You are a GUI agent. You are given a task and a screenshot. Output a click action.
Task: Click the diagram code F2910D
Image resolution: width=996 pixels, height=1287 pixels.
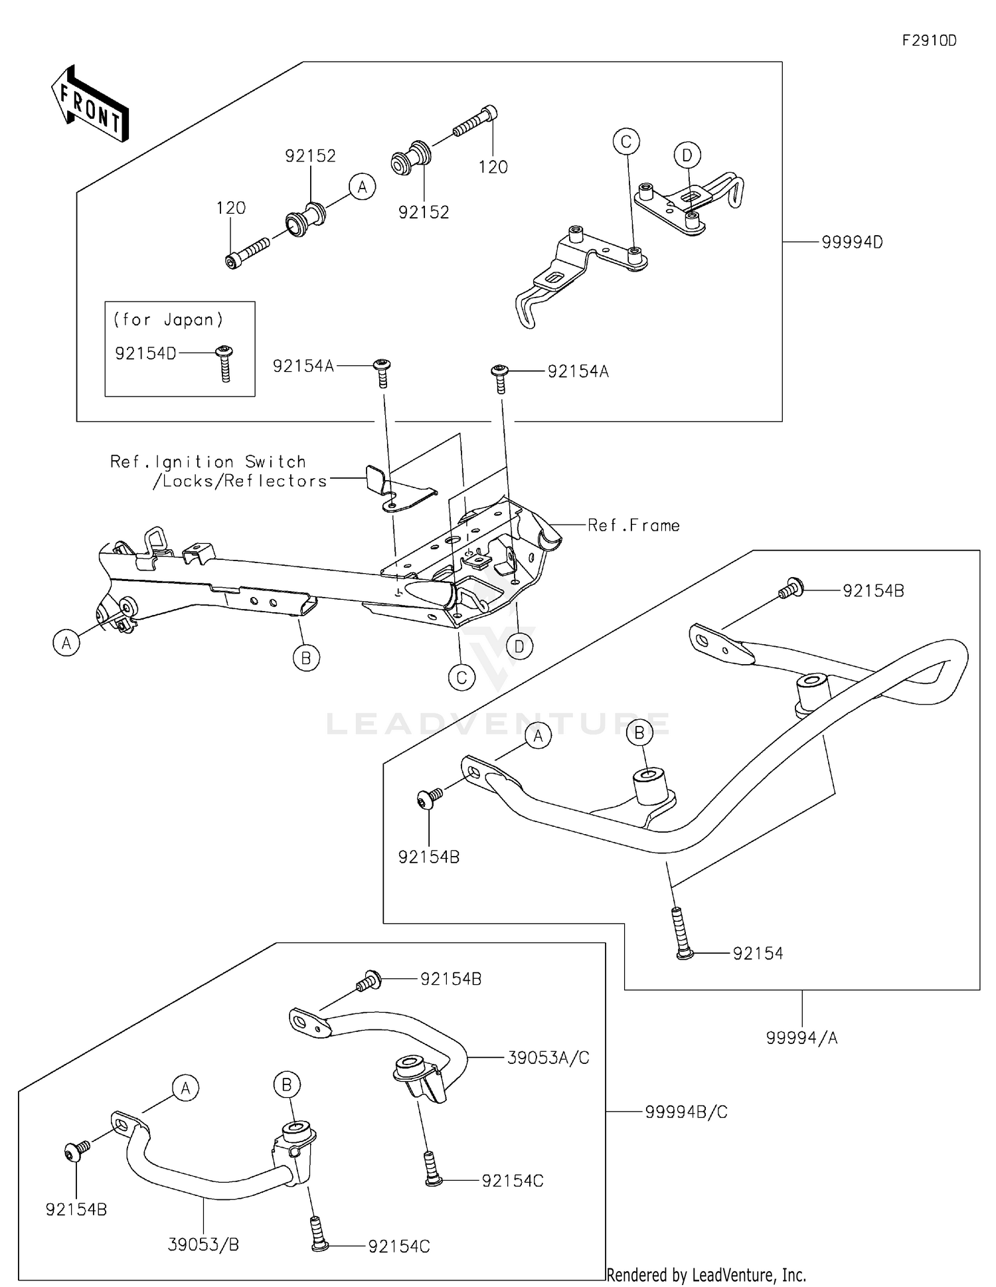coord(929,41)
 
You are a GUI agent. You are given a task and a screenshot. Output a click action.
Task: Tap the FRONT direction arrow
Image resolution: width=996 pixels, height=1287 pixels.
coord(90,104)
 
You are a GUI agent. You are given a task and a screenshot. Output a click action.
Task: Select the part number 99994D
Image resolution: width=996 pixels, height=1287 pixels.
coord(852,242)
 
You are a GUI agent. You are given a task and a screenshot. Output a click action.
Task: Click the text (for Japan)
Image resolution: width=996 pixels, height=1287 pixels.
coord(168,319)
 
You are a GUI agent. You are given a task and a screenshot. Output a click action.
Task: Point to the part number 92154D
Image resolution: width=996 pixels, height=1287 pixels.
coord(145,353)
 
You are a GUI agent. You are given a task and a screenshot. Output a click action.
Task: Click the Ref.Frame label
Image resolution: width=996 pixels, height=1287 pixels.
coord(633,525)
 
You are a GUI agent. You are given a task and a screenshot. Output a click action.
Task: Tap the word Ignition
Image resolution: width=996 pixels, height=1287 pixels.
coord(194,462)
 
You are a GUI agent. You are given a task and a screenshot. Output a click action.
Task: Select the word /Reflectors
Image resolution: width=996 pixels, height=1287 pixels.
coord(275,481)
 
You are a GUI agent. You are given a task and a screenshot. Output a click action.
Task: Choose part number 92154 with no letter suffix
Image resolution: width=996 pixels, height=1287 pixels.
coord(758,954)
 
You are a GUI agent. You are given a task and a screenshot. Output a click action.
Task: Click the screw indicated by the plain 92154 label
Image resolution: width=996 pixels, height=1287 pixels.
coord(680,933)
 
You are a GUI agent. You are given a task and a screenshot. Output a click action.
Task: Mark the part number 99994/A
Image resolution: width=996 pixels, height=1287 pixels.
coord(801,1037)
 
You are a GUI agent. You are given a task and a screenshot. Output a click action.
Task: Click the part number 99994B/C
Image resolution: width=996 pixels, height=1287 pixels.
coord(686,1112)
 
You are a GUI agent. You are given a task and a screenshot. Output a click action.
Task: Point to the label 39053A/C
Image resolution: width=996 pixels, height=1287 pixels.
coord(548,1058)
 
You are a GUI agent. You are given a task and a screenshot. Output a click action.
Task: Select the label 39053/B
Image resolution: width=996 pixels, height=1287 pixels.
coord(203,1244)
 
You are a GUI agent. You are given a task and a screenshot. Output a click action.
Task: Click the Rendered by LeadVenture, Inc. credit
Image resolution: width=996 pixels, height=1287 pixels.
coord(706,1274)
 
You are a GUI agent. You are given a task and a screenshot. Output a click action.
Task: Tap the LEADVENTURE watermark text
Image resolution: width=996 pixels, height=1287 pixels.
coord(498,724)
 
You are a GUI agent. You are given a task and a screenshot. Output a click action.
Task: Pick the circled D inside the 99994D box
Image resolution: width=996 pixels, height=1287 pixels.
coord(687,155)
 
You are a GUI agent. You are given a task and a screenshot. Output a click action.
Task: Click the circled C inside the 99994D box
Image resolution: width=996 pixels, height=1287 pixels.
coord(626,141)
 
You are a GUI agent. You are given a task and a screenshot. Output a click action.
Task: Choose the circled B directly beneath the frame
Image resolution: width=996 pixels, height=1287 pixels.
coord(306,657)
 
